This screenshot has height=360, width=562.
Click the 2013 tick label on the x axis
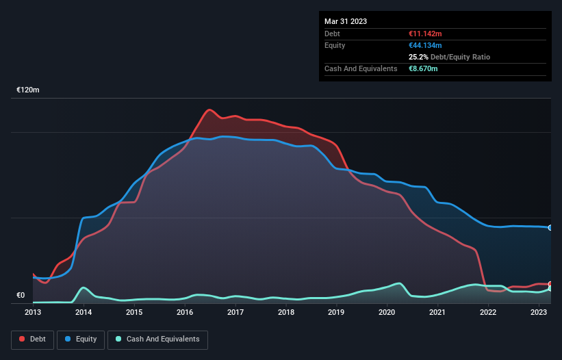coord(33,312)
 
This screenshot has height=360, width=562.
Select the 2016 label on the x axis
coord(185,312)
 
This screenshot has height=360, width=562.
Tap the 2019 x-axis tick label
coord(336,312)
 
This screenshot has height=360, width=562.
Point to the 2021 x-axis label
coord(437,312)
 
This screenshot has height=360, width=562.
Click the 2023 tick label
coord(539,312)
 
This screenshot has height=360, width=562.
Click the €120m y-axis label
coord(29,90)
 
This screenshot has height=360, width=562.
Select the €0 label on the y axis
coord(21,296)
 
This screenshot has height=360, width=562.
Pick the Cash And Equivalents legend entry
coord(157,339)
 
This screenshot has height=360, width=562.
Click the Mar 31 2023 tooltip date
coord(346,21)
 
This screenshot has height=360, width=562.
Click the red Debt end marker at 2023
coord(550,284)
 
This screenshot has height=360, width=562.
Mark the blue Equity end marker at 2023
coord(550,227)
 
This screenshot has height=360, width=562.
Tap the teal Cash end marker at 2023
coord(550,289)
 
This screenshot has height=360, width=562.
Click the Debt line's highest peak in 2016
coord(209,110)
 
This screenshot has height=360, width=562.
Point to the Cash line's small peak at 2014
coord(84,287)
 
